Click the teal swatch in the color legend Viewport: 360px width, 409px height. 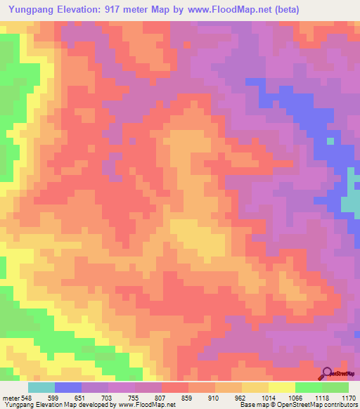click(41, 387)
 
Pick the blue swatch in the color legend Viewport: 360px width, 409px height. click(68, 387)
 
